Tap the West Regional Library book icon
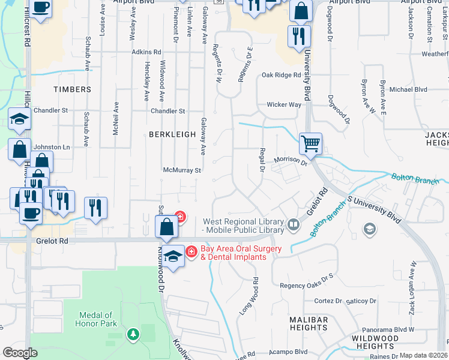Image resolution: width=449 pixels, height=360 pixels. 294,225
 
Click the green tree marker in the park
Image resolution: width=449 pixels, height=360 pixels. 132,334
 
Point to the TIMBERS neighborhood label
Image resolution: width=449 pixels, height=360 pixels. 72,89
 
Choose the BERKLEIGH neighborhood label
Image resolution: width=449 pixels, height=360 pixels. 172,134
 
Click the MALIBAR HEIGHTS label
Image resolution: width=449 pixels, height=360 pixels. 309,323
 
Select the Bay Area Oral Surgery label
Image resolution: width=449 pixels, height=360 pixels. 233,253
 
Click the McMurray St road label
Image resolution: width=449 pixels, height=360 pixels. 181,170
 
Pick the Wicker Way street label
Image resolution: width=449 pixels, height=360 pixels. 284,104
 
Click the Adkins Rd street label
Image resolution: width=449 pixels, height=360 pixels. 146,52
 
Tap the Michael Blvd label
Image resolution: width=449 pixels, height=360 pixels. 408,89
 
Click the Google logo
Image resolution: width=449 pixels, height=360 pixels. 20,353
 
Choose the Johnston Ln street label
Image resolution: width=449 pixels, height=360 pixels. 51,146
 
